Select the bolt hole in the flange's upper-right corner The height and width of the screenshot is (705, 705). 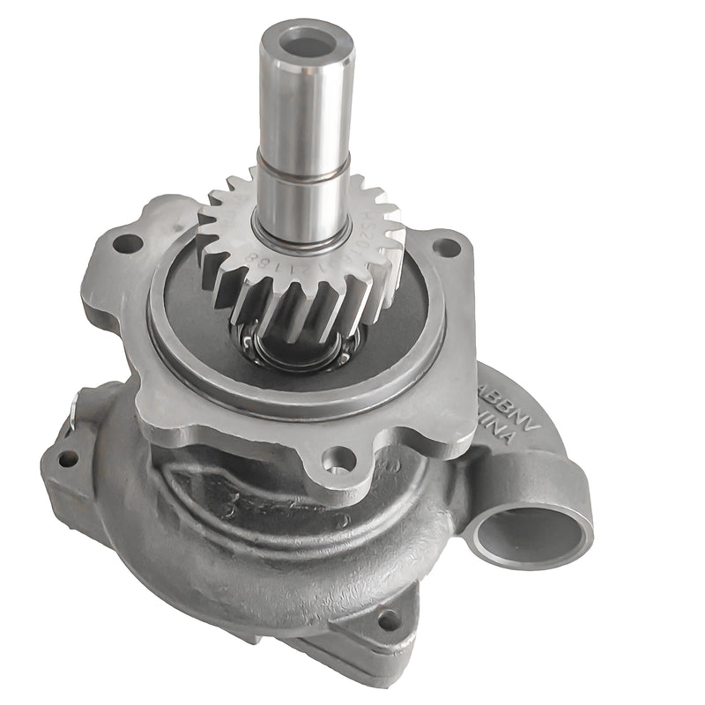pyautogui.click(x=448, y=247)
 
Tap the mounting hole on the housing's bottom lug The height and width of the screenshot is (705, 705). pyautogui.click(x=387, y=620)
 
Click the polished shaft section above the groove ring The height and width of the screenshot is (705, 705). pyautogui.click(x=305, y=106)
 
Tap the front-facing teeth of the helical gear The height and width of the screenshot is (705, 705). pyautogui.click(x=291, y=300)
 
